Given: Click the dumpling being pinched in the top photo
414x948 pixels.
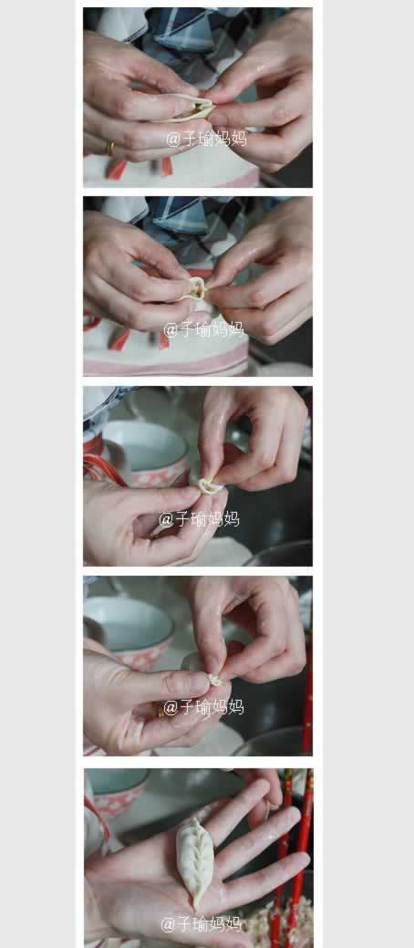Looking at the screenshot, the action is pyautogui.click(x=194, y=108).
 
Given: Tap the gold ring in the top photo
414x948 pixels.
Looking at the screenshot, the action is pyautogui.click(x=110, y=148).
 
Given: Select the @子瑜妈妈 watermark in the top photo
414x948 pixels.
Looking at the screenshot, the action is pyautogui.click(x=206, y=139).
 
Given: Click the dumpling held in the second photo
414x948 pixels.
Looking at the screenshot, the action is pyautogui.click(x=195, y=289).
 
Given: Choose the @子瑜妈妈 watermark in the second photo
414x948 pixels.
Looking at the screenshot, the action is pyautogui.click(x=203, y=328).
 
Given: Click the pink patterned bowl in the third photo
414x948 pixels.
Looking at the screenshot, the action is pyautogui.click(x=145, y=453).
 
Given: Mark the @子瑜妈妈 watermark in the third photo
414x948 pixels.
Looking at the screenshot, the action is pyautogui.click(x=200, y=519).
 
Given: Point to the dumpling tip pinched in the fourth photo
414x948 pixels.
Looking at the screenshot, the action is pyautogui.click(x=215, y=680).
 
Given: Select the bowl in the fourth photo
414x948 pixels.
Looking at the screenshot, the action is pyautogui.click(x=129, y=631).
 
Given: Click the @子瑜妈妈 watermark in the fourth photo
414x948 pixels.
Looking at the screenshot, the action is pyautogui.click(x=203, y=707).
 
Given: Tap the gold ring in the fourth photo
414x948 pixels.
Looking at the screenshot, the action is pyautogui.click(x=160, y=712).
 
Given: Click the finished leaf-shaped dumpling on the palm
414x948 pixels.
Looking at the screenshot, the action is pyautogui.click(x=194, y=859).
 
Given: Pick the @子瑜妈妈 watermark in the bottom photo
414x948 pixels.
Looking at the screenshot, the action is pyautogui.click(x=202, y=923).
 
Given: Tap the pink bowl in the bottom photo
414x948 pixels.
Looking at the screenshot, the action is pyautogui.click(x=118, y=792).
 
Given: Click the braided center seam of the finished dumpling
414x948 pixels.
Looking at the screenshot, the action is pyautogui.click(x=194, y=859).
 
